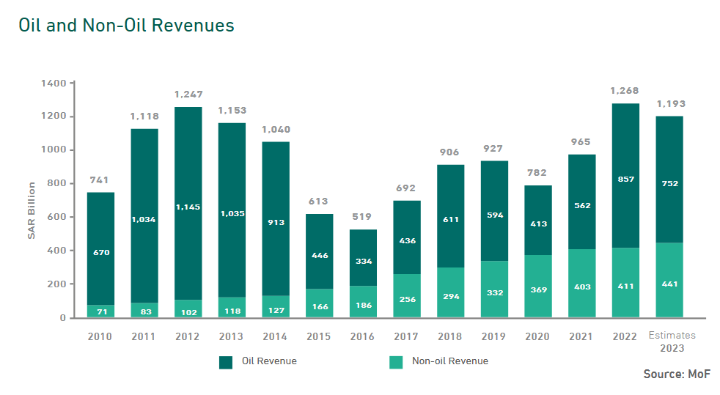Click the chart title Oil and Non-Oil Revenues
click(127, 26)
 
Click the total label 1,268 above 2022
click(624, 91)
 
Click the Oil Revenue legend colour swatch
click(226, 362)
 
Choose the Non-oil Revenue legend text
click(450, 361)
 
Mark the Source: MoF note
click(677, 374)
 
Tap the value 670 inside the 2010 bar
click(101, 252)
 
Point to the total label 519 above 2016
click(361, 217)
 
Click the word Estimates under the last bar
click(672, 336)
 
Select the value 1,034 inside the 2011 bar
click(144, 219)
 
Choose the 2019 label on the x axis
click(495, 336)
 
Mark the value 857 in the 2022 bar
click(625, 180)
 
